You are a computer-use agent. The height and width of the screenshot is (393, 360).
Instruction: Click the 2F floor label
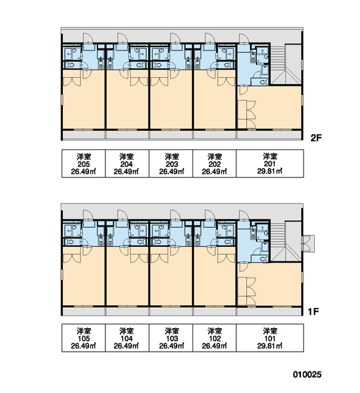(x=316, y=138)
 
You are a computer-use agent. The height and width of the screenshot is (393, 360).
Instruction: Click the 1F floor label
(x=313, y=312)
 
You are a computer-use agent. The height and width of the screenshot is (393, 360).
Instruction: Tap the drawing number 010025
(x=307, y=375)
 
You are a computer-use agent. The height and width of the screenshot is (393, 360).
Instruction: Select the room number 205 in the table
(x=83, y=164)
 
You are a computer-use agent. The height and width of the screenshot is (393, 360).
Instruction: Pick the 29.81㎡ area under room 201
(x=270, y=171)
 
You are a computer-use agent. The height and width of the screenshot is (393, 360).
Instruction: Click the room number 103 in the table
(x=172, y=339)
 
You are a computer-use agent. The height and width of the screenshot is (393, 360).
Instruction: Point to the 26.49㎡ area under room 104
(x=126, y=346)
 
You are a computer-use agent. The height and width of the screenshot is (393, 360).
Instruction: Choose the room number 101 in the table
(x=270, y=339)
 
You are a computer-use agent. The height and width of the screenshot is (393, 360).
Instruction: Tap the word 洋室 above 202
(x=215, y=157)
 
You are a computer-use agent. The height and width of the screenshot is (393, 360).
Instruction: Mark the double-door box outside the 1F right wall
(x=308, y=244)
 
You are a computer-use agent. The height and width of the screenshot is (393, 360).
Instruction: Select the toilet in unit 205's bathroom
(x=71, y=65)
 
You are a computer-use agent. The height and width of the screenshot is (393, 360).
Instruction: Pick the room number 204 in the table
(x=126, y=164)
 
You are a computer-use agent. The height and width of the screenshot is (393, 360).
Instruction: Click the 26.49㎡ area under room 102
(x=215, y=346)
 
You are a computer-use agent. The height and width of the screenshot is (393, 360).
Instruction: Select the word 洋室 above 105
(x=84, y=331)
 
